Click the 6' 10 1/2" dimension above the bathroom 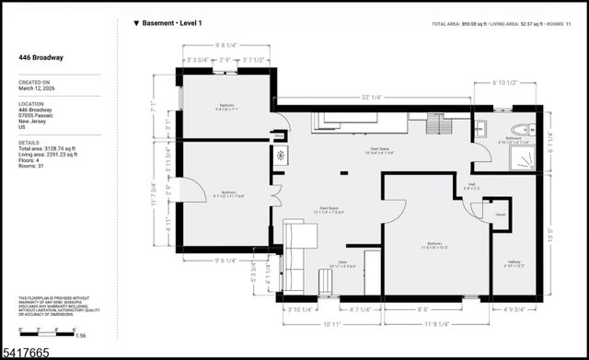[x=506, y=82]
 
